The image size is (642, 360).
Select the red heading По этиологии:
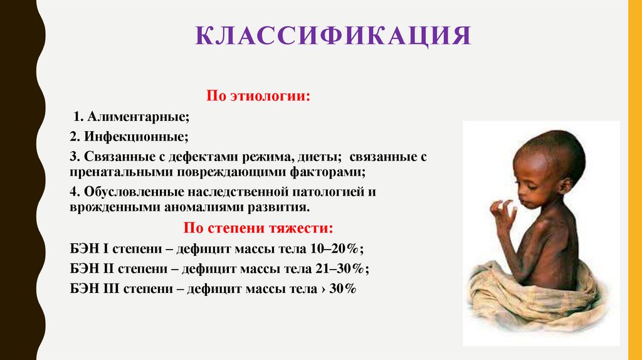pyautogui.click(x=259, y=97)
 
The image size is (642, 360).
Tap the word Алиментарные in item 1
pyautogui.click(x=138, y=117)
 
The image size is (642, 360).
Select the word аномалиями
pyautogui.click(x=188, y=207)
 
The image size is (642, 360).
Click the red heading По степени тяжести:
pyautogui.click(x=258, y=227)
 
